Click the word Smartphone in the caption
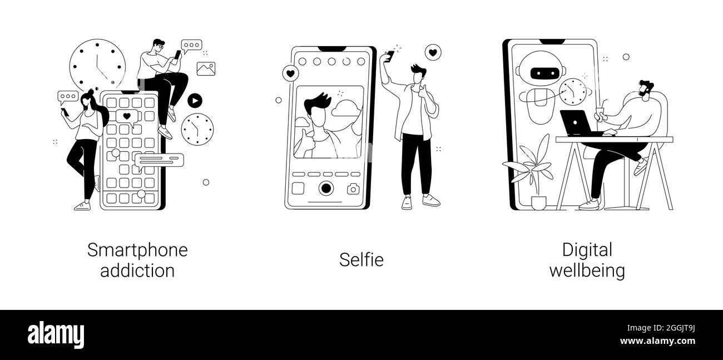(137, 250)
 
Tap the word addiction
(137, 270)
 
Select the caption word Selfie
(361, 259)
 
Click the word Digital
(587, 250)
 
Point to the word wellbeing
(587, 270)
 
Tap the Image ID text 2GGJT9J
(680, 328)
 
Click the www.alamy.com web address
(657, 341)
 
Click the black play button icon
(195, 101)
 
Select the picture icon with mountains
(206, 69)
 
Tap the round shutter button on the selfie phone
(326, 188)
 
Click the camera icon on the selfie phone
(353, 189)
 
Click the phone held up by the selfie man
(390, 56)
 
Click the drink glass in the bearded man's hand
(600, 113)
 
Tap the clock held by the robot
(573, 91)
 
